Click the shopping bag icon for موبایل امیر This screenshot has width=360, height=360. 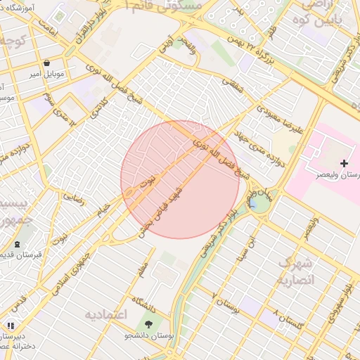(46, 63)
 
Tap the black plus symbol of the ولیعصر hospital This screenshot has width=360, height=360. (343, 163)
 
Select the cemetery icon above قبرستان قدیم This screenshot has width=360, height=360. (17, 244)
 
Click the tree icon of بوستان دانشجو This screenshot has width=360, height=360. (148, 324)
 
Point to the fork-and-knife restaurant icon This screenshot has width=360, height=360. (10, 326)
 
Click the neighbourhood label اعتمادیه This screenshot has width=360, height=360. (105, 314)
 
